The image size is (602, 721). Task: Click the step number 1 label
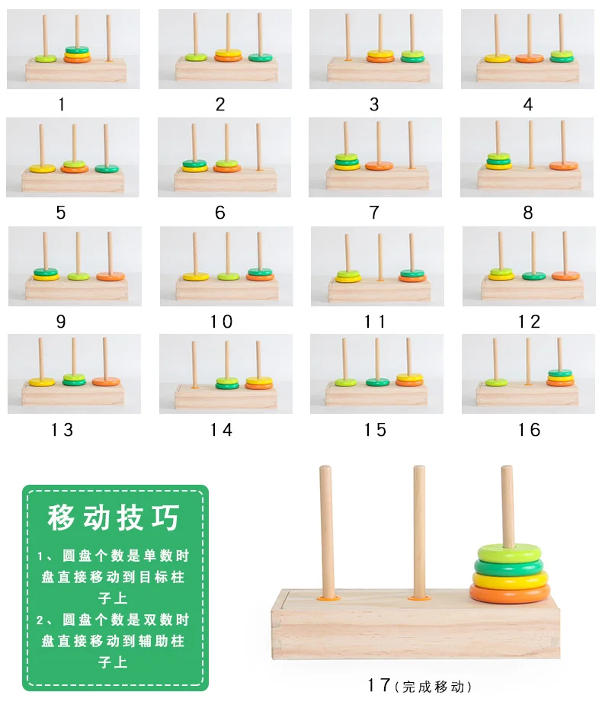point(62,104)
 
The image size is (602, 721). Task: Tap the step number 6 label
point(220,213)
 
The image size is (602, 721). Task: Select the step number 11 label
point(375,322)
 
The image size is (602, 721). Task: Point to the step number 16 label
point(529,430)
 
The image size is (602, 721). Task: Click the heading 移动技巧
point(114,518)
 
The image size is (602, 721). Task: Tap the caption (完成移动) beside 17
point(433,687)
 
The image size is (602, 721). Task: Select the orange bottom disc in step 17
point(511,592)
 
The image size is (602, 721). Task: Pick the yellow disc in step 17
point(511,578)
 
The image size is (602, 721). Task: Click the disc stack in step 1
point(77,54)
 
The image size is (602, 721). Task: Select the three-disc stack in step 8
point(499,161)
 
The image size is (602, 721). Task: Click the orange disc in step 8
point(564,165)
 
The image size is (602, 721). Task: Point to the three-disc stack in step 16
point(560,377)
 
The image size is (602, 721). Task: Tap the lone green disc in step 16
point(496,381)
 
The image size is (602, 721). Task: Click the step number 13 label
point(62,430)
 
